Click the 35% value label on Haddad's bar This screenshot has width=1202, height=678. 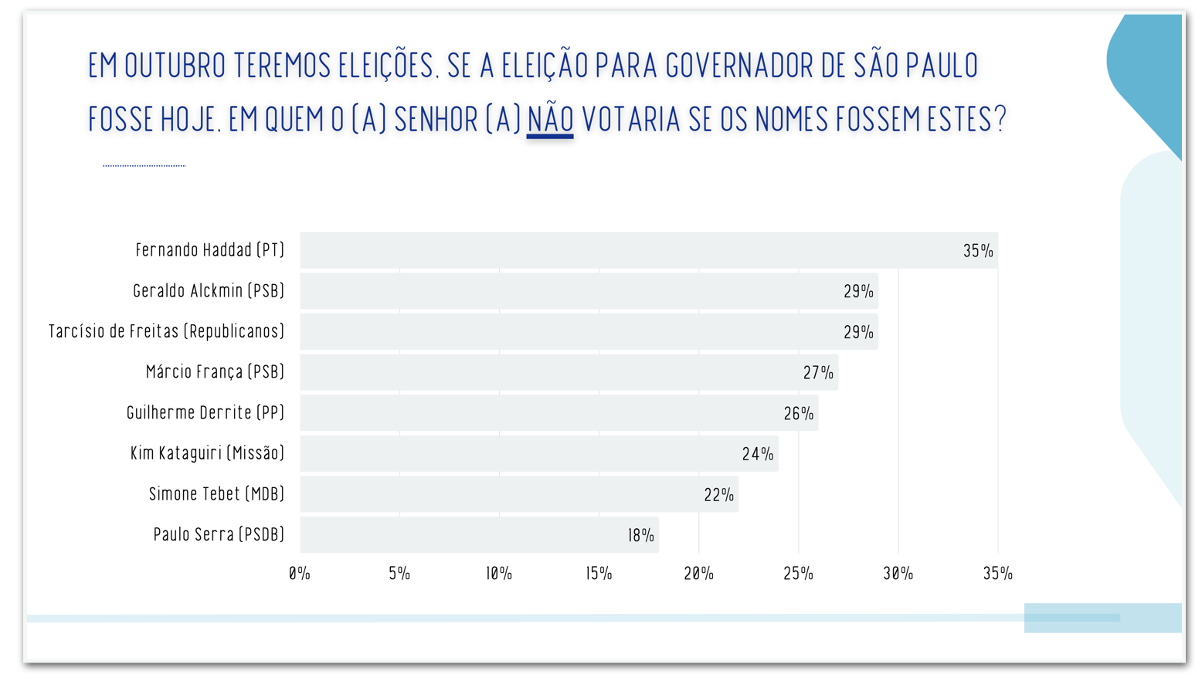click(x=978, y=251)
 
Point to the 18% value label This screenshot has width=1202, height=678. click(x=641, y=535)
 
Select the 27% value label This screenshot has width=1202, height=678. click(x=818, y=373)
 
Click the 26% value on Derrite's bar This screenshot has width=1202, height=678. click(x=799, y=414)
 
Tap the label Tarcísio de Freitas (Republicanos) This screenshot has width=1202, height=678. click(x=167, y=331)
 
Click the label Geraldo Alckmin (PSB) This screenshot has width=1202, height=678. click(x=209, y=291)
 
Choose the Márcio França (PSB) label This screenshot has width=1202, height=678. click(x=215, y=372)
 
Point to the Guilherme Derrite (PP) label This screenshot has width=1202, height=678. click(x=205, y=412)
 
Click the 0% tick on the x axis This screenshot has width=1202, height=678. click(x=300, y=574)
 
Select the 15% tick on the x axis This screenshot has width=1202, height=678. click(x=599, y=574)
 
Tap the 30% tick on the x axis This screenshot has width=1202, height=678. click(x=898, y=574)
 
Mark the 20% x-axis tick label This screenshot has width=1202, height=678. click(x=698, y=574)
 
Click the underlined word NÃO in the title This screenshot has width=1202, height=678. click(x=550, y=120)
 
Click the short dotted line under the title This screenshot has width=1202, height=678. click(x=144, y=165)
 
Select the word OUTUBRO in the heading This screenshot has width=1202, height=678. click(x=175, y=66)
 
